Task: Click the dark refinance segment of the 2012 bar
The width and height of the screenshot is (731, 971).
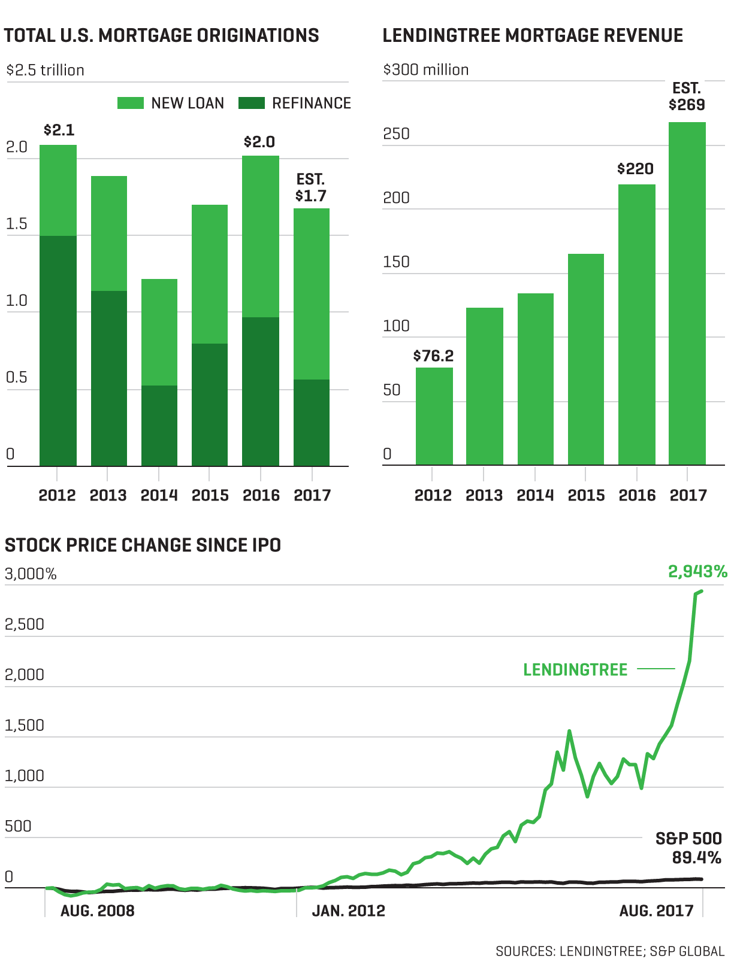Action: [58, 350]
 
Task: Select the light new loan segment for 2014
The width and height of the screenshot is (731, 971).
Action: [159, 332]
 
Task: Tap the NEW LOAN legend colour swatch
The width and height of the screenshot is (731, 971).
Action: [131, 103]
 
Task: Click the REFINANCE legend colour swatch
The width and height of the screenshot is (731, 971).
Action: [252, 103]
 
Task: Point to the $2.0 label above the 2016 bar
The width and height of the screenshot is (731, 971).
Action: [259, 142]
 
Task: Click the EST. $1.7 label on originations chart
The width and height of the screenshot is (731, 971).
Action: [311, 188]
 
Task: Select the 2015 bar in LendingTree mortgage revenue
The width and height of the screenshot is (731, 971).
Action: [586, 359]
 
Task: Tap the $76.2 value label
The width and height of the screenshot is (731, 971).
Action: [433, 356]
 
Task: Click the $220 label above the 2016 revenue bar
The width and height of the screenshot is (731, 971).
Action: [635, 169]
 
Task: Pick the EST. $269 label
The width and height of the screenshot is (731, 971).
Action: [687, 97]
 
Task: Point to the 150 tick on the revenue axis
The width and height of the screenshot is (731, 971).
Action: [396, 262]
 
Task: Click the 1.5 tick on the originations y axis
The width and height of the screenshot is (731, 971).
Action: [17, 224]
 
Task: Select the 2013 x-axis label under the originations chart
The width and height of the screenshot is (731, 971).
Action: [108, 496]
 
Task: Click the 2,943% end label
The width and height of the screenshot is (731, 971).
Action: [697, 572]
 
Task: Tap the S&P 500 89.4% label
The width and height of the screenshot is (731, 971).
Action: [688, 848]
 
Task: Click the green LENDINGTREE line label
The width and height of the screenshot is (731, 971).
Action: [575, 669]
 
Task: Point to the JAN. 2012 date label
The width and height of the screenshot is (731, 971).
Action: [348, 911]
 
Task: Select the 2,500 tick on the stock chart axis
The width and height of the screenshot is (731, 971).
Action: [25, 624]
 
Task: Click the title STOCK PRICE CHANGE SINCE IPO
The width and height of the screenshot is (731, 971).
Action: [143, 545]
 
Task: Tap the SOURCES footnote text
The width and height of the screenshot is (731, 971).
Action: [610, 951]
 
